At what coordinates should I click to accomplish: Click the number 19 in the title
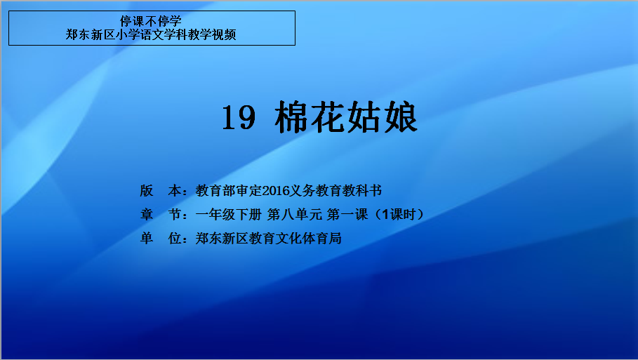tap(239, 118)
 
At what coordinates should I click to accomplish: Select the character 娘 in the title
tap(401, 117)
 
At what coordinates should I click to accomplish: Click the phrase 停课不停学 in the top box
tap(150, 21)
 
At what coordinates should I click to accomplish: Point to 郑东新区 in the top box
tap(91, 34)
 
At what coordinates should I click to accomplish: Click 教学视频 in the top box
tap(211, 34)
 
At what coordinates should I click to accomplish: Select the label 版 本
tap(160, 191)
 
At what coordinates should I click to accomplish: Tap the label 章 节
tap(160, 214)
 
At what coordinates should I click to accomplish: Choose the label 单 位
tap(160, 239)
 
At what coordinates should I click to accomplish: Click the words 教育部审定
tap(229, 191)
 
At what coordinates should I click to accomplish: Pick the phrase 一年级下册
tap(228, 214)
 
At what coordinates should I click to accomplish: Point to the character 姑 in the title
tap(364, 117)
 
